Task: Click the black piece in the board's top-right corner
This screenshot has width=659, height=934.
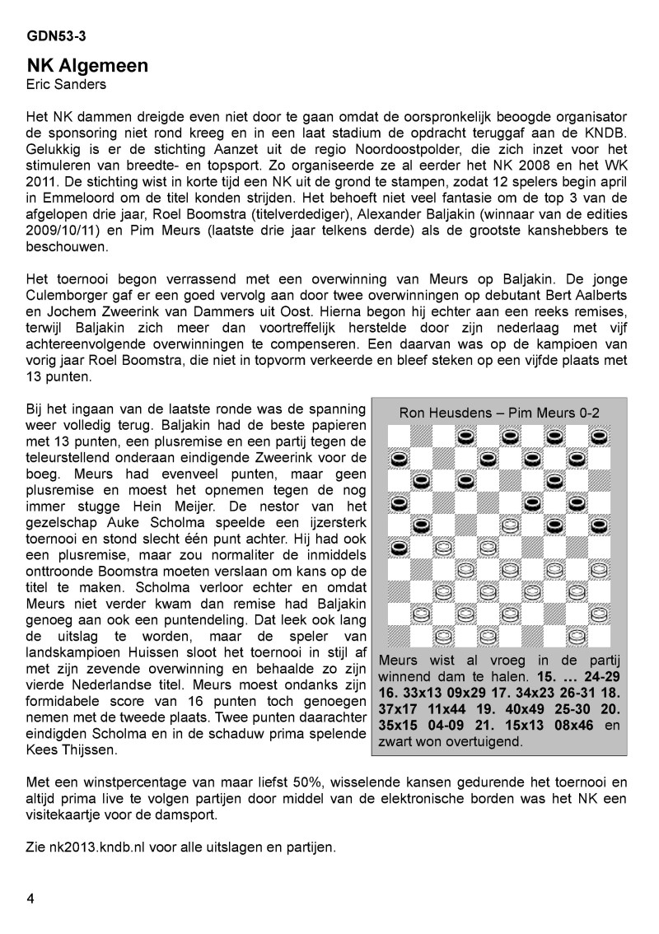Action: coord(600,435)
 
